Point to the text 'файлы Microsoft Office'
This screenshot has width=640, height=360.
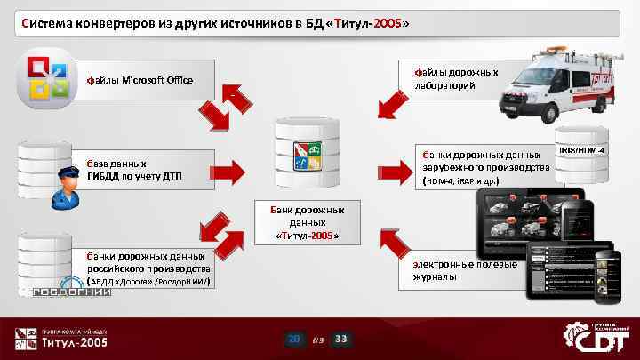point(139,81)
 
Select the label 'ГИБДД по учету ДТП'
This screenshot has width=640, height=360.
point(134,175)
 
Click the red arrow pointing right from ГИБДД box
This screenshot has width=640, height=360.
point(228,170)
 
